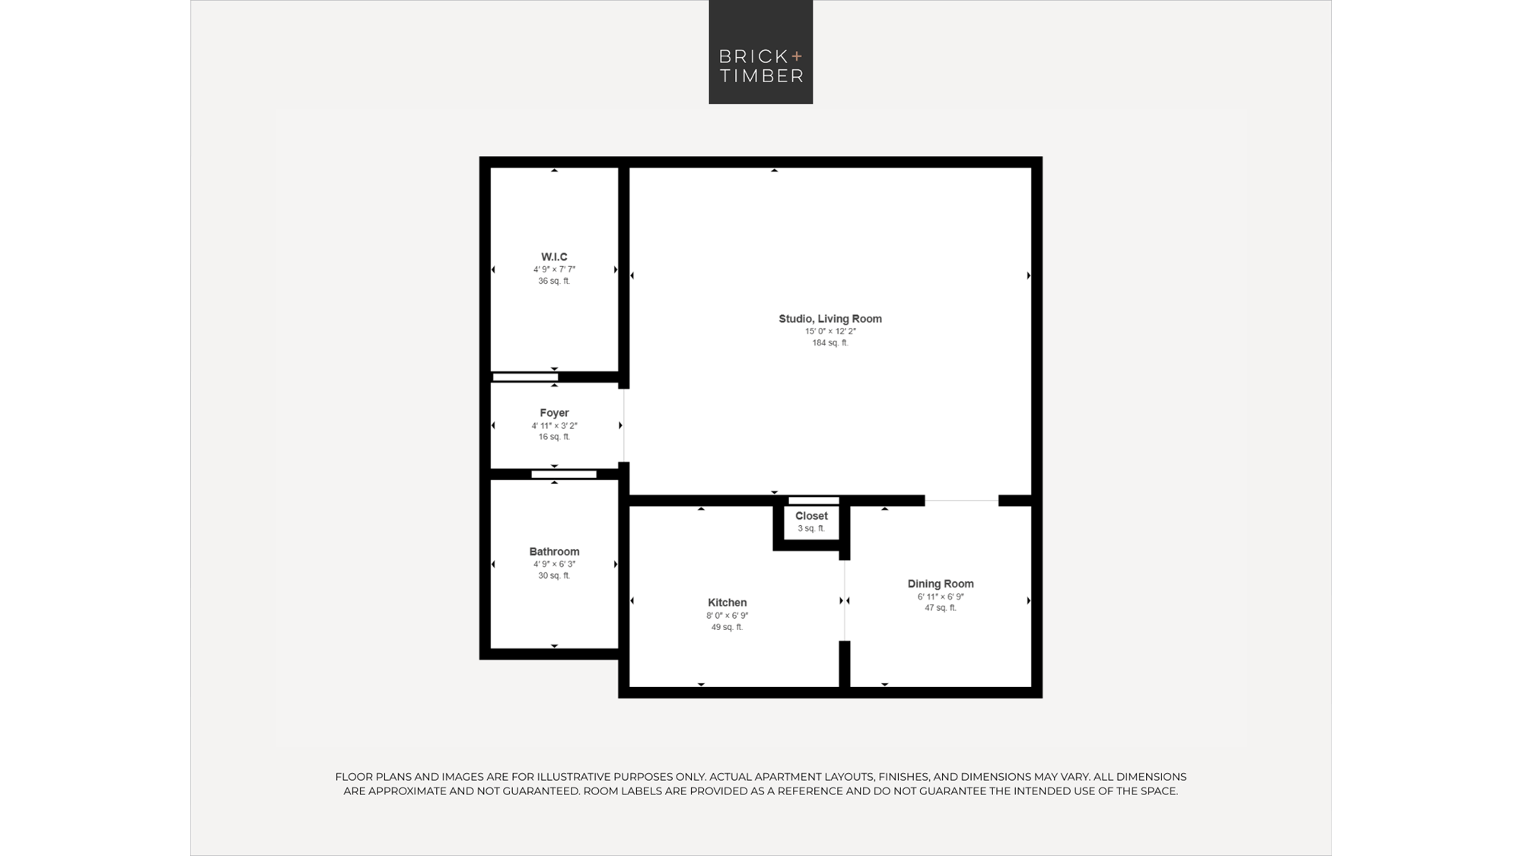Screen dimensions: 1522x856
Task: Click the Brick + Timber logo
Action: [x=760, y=52]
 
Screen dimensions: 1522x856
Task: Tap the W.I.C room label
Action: [x=554, y=257]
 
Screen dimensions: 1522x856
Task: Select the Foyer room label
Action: [x=554, y=413]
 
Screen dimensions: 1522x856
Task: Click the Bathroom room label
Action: [x=554, y=552]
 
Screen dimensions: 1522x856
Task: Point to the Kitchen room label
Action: [x=727, y=603]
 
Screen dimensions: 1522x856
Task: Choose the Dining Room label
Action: [x=941, y=584]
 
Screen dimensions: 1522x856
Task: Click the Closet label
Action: [x=811, y=516]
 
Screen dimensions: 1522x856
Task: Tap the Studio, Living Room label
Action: [x=830, y=319]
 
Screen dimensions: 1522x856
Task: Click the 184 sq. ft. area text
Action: [x=830, y=343]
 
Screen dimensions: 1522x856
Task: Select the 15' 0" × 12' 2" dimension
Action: [x=830, y=332]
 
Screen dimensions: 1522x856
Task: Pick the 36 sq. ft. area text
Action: [x=554, y=282]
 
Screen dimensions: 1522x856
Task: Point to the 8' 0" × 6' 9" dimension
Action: [x=727, y=616]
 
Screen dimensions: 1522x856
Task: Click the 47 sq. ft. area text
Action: [x=941, y=608]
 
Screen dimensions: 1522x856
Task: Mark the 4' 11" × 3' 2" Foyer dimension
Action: [x=554, y=426]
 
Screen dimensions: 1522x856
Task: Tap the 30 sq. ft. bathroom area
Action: [x=554, y=576]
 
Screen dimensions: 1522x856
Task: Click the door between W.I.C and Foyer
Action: [x=525, y=377]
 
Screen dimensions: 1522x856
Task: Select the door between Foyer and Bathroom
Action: [x=564, y=475]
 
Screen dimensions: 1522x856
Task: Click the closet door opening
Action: [x=814, y=501]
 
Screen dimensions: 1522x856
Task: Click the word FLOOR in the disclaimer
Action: [x=353, y=777]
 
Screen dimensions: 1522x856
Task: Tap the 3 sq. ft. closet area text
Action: [x=811, y=529]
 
